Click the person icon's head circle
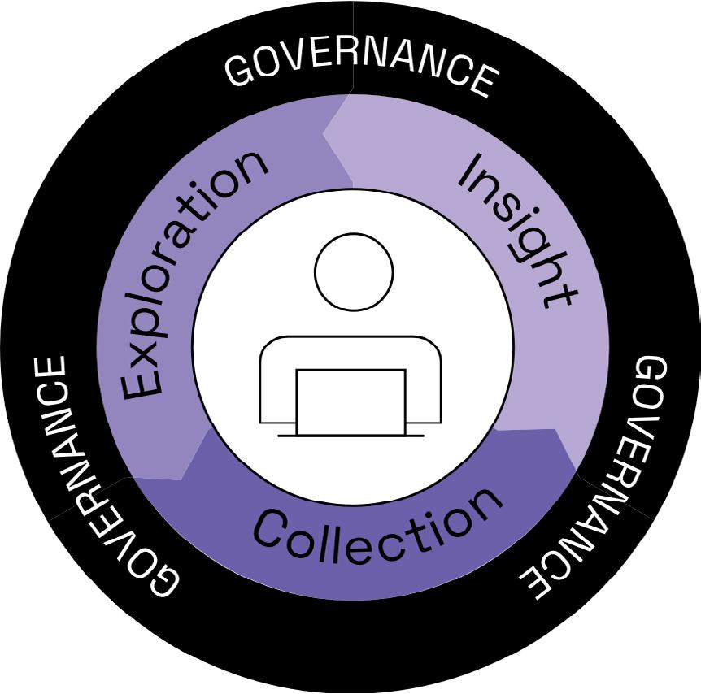(354, 271)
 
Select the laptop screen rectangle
(350, 401)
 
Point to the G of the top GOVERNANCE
(242, 72)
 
